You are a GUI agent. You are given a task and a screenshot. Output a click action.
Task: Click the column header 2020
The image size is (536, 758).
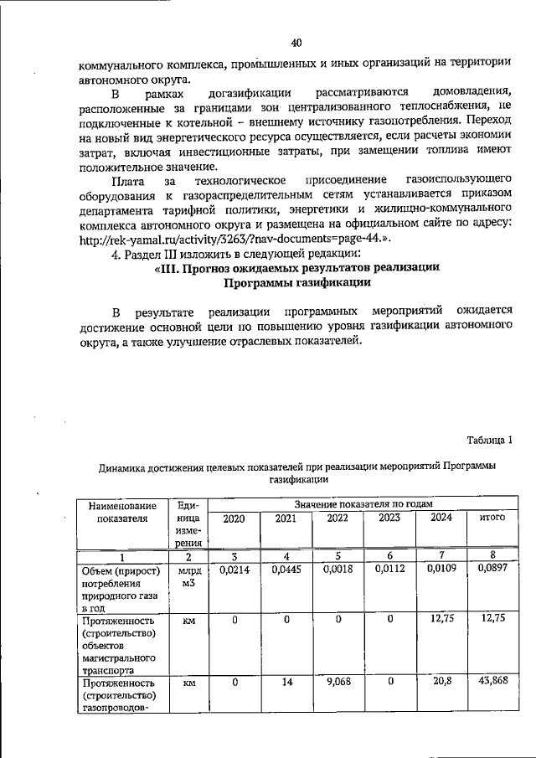point(234,518)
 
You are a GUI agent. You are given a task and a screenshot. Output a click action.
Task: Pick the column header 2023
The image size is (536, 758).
point(389,518)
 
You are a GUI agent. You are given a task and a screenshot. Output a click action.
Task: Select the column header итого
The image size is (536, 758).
point(492,518)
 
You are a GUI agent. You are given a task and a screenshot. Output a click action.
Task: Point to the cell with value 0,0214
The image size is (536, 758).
point(234,570)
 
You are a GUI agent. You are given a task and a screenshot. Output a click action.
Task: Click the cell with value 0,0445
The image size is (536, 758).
point(286,570)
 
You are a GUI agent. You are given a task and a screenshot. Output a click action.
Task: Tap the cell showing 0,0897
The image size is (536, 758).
point(492,570)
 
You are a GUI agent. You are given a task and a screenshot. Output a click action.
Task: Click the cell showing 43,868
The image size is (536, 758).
point(492,682)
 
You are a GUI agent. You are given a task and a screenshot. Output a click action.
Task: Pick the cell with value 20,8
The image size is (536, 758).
point(441,682)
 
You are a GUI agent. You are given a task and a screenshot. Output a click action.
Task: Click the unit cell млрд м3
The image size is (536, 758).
point(188,576)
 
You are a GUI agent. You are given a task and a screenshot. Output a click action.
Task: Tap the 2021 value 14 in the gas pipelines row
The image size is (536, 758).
point(286,682)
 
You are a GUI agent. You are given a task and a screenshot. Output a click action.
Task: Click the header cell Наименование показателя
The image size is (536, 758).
point(121,512)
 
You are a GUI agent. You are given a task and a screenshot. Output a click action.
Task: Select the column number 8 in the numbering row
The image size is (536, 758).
point(492,556)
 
